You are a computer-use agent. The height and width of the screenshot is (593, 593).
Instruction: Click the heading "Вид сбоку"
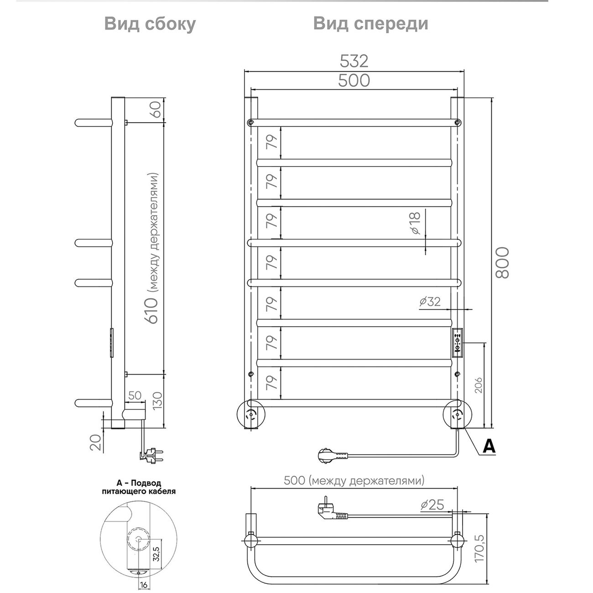150,24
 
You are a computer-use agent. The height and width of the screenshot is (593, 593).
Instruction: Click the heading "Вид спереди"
371,24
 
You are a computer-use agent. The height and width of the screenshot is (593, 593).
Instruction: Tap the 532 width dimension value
354,61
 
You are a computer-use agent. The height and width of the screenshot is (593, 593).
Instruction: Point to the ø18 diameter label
415,223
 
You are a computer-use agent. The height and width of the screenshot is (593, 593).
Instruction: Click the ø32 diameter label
430,301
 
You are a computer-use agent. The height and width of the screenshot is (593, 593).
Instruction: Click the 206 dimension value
479,385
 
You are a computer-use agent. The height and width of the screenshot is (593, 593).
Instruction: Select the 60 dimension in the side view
156,109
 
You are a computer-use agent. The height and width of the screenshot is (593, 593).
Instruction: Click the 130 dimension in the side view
157,401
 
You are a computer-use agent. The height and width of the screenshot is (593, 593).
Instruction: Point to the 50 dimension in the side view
135,395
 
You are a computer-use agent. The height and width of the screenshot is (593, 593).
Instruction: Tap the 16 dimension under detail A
143,585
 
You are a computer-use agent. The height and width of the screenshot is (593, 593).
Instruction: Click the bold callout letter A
489,446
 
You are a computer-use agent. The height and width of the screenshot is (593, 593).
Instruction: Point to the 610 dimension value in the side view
153,311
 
